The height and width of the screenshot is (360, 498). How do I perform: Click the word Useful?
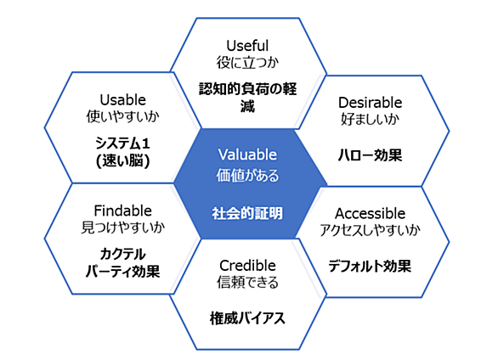point(247,46)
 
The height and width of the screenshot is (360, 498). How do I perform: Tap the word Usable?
point(123,100)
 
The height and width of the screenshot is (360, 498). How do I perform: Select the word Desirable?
point(371,103)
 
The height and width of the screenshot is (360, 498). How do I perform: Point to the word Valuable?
point(247,155)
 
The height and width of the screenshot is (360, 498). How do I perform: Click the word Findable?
point(123,211)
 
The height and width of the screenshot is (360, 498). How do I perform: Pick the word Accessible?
point(371,213)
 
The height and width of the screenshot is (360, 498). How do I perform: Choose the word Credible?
point(247,266)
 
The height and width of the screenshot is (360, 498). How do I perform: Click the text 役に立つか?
point(247,62)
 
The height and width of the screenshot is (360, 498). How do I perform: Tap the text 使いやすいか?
point(123,116)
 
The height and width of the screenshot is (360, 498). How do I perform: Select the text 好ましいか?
point(371,119)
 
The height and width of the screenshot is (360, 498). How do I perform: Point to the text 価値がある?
point(247,175)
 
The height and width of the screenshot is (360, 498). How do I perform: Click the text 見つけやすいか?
point(123,227)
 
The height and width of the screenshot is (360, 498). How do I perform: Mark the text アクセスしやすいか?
point(371,230)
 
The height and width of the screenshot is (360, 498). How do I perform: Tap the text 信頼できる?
point(247,282)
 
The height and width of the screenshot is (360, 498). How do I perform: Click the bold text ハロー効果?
point(371,155)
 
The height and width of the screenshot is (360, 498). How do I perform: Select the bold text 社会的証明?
point(247,213)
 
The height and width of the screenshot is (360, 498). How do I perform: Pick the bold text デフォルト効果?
point(371,266)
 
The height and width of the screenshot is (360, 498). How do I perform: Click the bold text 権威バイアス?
point(247,318)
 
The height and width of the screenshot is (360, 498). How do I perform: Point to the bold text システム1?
point(123,143)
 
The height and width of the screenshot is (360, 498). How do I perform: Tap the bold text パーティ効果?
point(123,272)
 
